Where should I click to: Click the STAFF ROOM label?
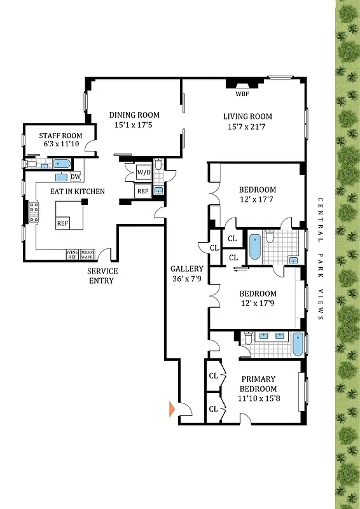pyautogui.click(x=60, y=136)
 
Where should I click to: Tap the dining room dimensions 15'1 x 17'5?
pyautogui.click(x=134, y=125)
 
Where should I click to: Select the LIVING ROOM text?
pyautogui.click(x=247, y=116)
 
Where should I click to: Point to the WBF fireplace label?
pyautogui.click(x=242, y=94)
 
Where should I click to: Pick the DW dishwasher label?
pyautogui.click(x=75, y=177)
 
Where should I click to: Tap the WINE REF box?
pyautogui.click(x=73, y=254)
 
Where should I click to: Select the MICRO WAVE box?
pyautogui.click(x=87, y=254)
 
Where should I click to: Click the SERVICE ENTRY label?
pyautogui.click(x=102, y=275)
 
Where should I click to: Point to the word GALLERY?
pyautogui.click(x=186, y=269)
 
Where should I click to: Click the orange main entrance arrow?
pyautogui.click(x=171, y=408)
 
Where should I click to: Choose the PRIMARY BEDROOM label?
pyautogui.click(x=258, y=384)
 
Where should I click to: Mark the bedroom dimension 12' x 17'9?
pyautogui.click(x=257, y=304)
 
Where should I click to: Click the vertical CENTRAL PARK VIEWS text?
pyautogui.click(x=321, y=258)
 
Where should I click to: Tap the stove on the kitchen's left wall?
pyautogui.click(x=33, y=212)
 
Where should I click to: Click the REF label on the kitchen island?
pyautogui.click(x=62, y=223)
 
